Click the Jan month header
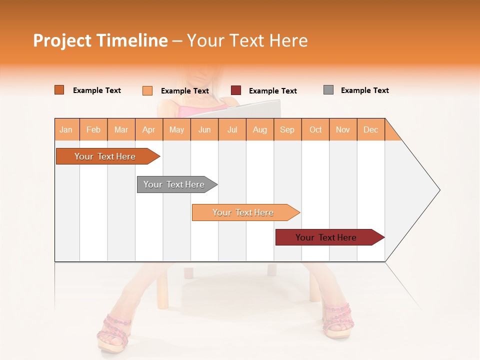[66, 129]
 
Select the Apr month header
[149, 129]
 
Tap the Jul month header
[232, 129]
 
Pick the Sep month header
[287, 129]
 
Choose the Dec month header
[370, 129]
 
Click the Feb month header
[93, 129]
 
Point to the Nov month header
[343, 129]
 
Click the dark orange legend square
[59, 90]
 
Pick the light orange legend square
[147, 90]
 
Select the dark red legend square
[236, 90]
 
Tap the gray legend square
[328, 90]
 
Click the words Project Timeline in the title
[100, 40]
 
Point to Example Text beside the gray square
[364, 90]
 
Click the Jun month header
[204, 129]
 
